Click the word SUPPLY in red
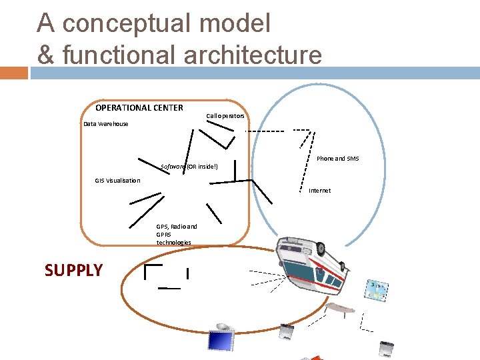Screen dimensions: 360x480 click(73, 270)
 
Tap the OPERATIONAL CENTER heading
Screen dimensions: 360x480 click(139, 108)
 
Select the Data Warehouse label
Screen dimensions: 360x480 click(106, 124)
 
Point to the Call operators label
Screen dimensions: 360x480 click(225, 116)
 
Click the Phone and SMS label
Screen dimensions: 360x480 click(337, 159)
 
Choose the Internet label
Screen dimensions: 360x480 click(319, 191)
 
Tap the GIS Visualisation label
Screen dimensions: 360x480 click(118, 181)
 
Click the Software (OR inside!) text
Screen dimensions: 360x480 click(189, 166)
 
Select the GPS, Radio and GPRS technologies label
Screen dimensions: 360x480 click(176, 234)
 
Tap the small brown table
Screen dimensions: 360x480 click(340, 308)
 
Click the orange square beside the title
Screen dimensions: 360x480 click(14, 72)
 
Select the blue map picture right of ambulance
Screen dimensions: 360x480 click(378, 291)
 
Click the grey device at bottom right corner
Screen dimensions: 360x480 click(386, 349)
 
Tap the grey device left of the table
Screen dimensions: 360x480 click(287, 332)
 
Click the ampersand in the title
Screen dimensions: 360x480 click(45, 55)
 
